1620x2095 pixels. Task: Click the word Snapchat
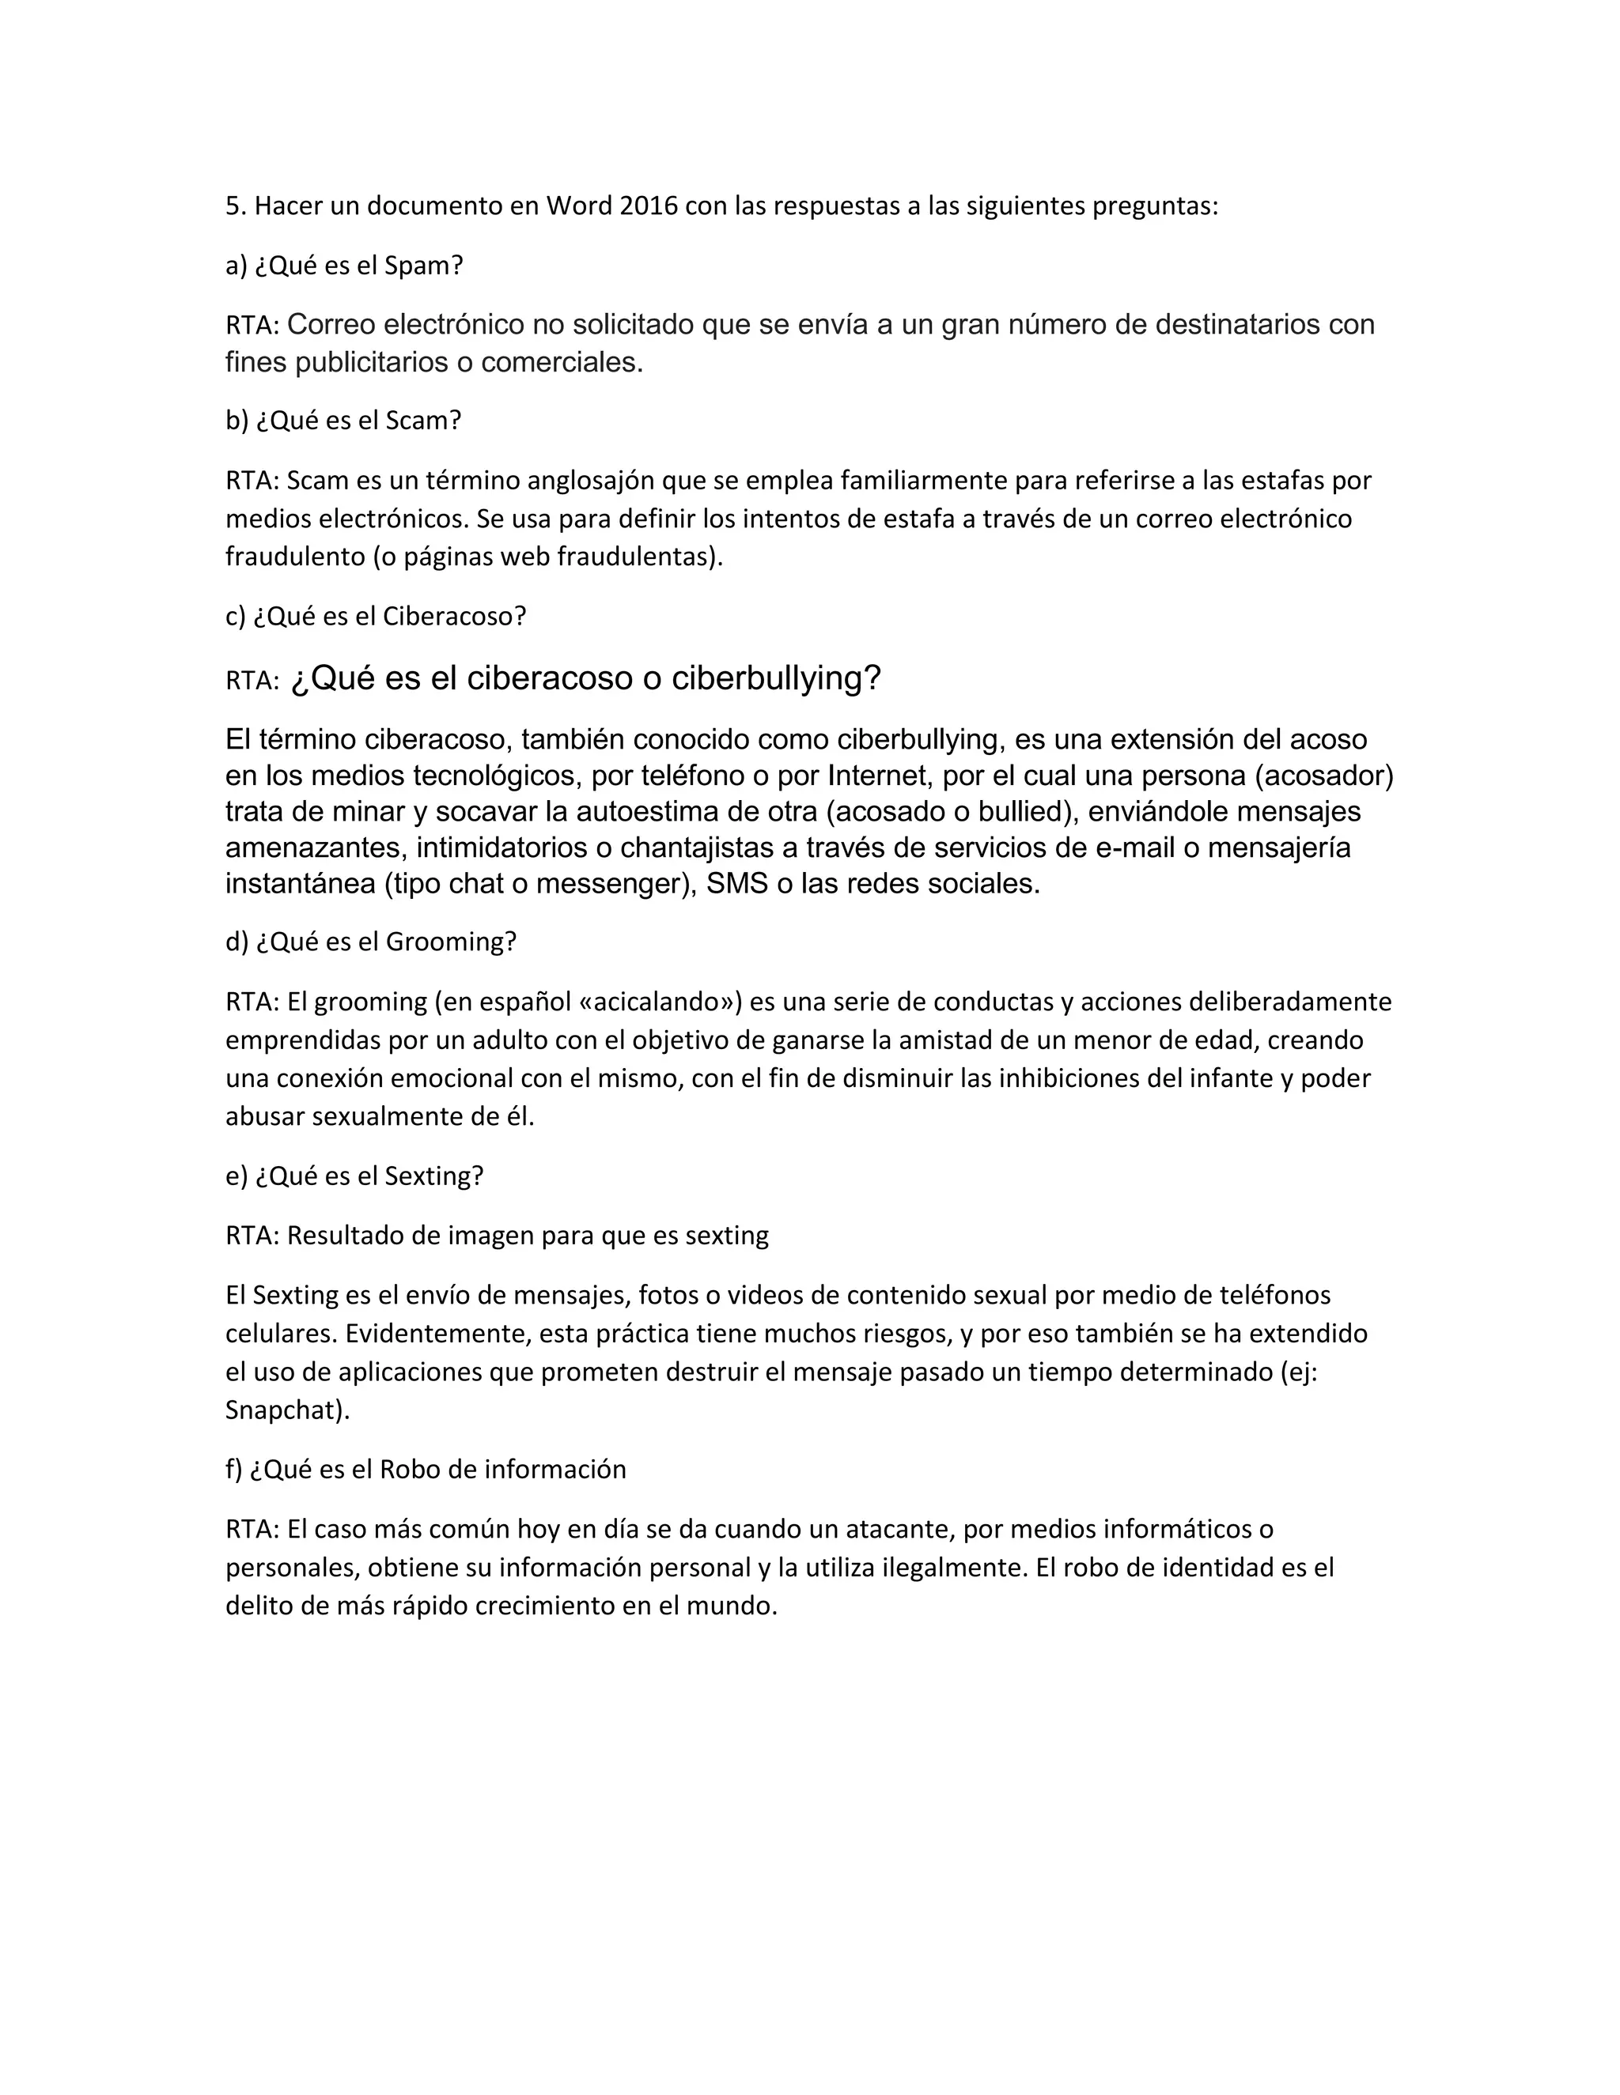point(283,1410)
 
